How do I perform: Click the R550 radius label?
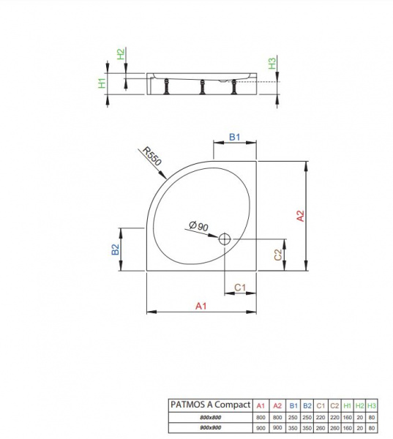coord(152,157)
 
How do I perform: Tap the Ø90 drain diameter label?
coord(198,226)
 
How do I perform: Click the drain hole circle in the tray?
coord(225,239)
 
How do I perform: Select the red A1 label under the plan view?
coord(201,306)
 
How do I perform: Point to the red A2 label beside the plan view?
coord(300,216)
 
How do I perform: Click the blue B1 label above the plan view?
coord(235,138)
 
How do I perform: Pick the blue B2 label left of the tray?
coord(116,249)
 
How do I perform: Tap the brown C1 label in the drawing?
coord(240,288)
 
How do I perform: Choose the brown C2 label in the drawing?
coord(278,255)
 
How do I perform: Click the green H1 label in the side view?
coord(102,83)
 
